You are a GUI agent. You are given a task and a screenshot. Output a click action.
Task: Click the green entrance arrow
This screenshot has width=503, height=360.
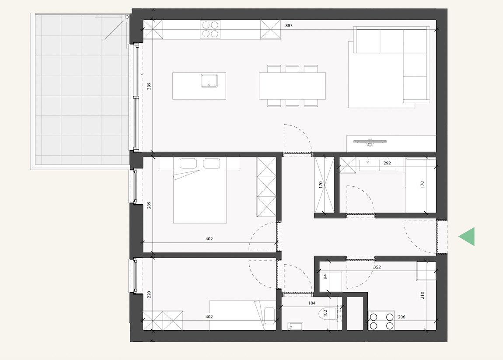[x=467, y=237]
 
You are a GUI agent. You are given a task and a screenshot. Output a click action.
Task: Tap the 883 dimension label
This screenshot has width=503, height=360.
[x=289, y=26]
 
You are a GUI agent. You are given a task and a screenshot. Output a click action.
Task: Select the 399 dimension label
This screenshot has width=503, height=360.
[x=149, y=86]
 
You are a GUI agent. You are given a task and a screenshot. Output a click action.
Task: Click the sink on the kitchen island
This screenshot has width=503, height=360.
[x=210, y=81]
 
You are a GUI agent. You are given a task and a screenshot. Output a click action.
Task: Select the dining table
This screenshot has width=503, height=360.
[x=292, y=86]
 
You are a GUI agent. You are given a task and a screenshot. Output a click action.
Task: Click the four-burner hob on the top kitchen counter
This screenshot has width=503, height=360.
[x=210, y=30]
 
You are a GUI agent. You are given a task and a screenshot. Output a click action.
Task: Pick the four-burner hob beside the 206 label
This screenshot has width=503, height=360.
[x=381, y=321]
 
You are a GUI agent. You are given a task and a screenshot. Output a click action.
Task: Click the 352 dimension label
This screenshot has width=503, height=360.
[x=377, y=267]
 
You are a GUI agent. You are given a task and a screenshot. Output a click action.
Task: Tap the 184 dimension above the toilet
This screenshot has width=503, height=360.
[x=312, y=303]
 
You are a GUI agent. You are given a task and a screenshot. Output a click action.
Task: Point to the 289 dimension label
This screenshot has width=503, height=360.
[x=149, y=205]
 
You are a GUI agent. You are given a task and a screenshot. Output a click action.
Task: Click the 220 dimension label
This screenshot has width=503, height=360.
[x=149, y=295]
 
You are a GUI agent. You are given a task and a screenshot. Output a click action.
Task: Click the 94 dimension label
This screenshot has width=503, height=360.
[x=325, y=276]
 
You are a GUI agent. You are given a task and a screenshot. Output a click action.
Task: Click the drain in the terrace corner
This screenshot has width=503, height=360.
[x=127, y=17]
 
